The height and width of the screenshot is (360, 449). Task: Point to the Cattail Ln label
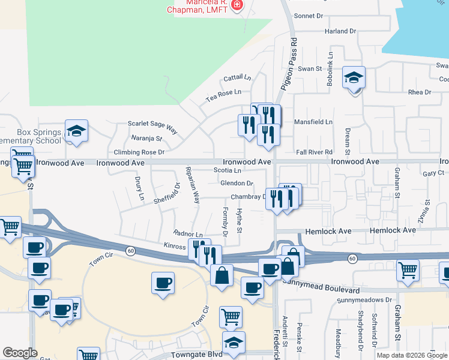[x=237, y=78]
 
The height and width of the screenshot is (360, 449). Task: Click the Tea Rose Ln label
[x=223, y=93]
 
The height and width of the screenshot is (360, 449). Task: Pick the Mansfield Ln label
[x=313, y=122]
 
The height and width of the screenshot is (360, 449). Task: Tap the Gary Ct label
[x=433, y=173]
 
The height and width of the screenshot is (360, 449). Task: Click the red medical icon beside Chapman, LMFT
[x=237, y=5]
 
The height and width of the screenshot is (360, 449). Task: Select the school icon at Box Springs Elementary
[x=77, y=131]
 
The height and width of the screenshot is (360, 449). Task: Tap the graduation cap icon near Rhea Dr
[x=354, y=77]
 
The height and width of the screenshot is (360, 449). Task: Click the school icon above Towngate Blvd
[x=234, y=343]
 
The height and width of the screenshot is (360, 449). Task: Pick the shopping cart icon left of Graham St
[x=408, y=270]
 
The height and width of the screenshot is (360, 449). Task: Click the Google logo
[x=20, y=353]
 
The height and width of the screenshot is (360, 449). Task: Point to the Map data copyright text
[x=412, y=355]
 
